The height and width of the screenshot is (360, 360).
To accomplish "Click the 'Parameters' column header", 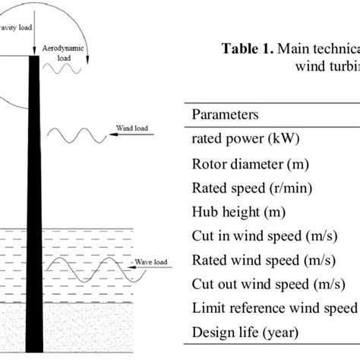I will point(226,115).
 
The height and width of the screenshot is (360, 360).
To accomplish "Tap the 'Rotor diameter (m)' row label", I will point(245,163).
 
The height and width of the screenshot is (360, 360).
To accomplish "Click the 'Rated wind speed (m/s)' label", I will point(257,261).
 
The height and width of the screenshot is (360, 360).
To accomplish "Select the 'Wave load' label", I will point(153,264).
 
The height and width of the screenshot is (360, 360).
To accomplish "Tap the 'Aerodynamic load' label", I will point(64,52).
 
